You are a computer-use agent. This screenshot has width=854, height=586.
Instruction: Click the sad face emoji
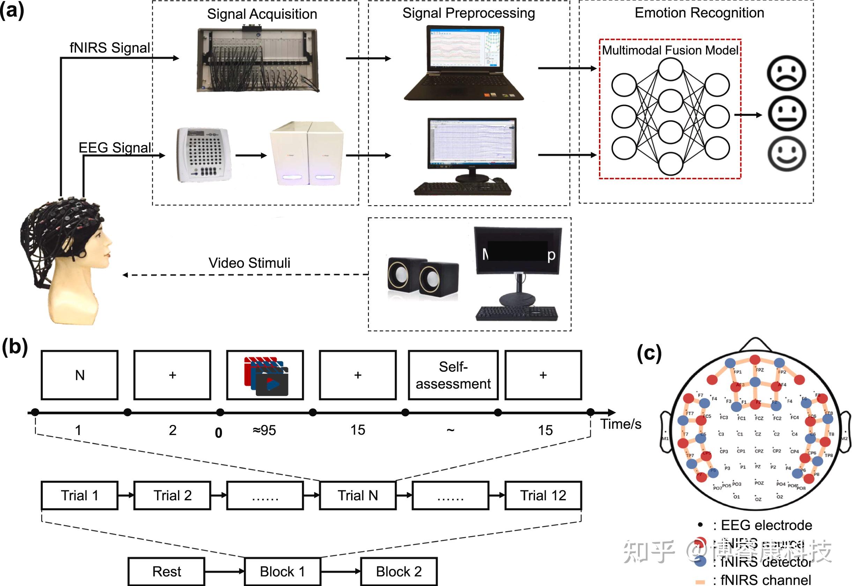click(x=786, y=73)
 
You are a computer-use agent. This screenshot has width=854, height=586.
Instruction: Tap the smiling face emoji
click(x=786, y=154)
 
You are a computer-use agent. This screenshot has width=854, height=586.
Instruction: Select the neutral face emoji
click(x=786, y=114)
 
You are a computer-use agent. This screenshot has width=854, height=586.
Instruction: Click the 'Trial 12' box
click(x=543, y=495)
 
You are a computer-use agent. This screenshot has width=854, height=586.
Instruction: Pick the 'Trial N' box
click(x=357, y=495)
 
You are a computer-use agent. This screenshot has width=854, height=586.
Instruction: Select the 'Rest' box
click(x=166, y=571)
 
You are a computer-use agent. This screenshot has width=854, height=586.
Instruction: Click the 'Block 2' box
click(x=399, y=571)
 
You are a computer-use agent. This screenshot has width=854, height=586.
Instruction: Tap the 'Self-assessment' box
click(x=453, y=375)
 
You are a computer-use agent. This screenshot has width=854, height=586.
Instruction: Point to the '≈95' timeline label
click(x=264, y=430)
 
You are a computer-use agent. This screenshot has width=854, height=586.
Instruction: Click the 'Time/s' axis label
click(x=621, y=424)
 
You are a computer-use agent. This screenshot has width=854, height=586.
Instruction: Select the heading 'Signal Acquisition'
click(x=262, y=14)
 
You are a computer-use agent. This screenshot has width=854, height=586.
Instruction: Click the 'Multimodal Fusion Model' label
click(x=670, y=50)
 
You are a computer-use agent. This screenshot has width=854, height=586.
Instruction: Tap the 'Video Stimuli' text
click(x=249, y=263)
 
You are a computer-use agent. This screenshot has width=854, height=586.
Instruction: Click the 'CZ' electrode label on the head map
click(x=758, y=434)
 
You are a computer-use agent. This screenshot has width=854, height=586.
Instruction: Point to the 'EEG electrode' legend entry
click(x=766, y=525)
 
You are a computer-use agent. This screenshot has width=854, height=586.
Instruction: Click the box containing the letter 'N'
click(x=80, y=375)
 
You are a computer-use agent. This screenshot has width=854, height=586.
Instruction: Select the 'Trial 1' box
click(x=80, y=495)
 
